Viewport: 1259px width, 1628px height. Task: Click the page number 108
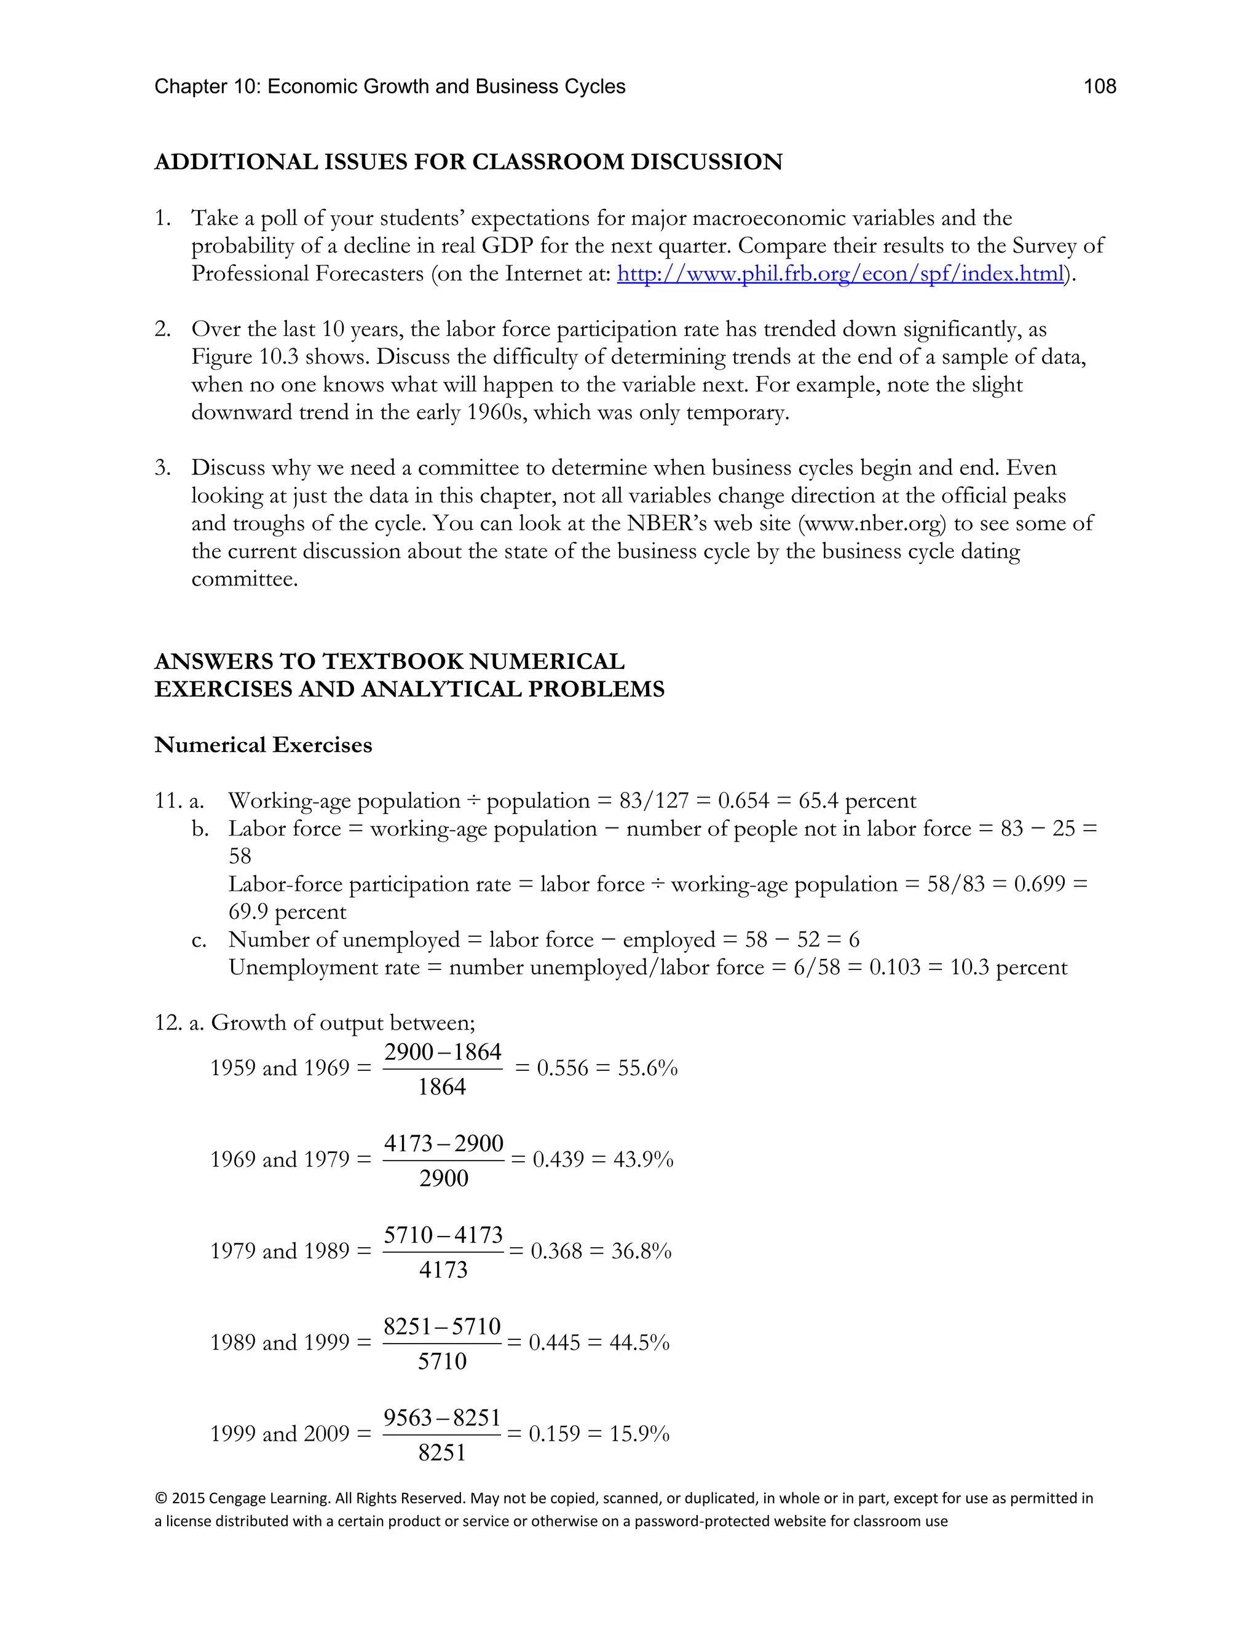(x=1099, y=87)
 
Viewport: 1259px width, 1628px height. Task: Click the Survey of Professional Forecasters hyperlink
(x=840, y=273)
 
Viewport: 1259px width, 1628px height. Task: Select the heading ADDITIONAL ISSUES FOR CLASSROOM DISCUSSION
(x=468, y=162)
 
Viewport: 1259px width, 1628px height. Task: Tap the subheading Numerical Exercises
(x=262, y=745)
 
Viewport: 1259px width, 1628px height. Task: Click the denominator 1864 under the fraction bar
(x=441, y=1087)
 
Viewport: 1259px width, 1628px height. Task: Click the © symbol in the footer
(x=160, y=1498)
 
